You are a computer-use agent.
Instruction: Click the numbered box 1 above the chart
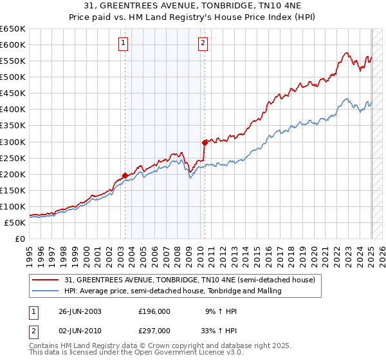[x=122, y=44]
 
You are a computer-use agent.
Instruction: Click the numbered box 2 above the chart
[x=203, y=44]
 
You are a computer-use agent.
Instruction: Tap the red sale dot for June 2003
[x=125, y=175]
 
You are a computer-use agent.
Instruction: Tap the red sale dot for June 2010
[x=205, y=142]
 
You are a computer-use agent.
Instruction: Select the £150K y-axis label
[x=13, y=190]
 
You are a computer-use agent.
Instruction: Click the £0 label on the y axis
[x=19, y=239]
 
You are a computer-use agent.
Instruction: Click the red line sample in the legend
[x=46, y=280]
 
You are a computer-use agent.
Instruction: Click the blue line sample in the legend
[x=46, y=291]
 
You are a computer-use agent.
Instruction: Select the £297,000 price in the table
[x=154, y=330]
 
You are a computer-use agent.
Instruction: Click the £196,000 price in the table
[x=154, y=311]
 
